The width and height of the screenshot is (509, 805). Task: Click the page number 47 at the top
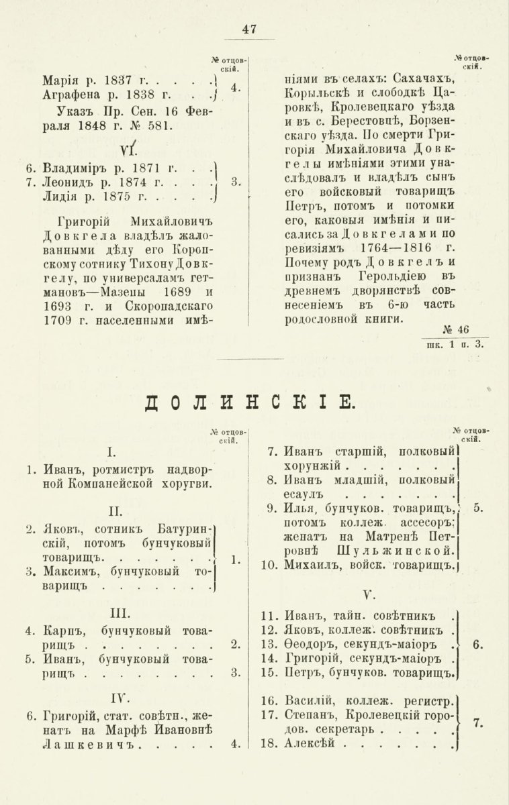click(250, 29)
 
